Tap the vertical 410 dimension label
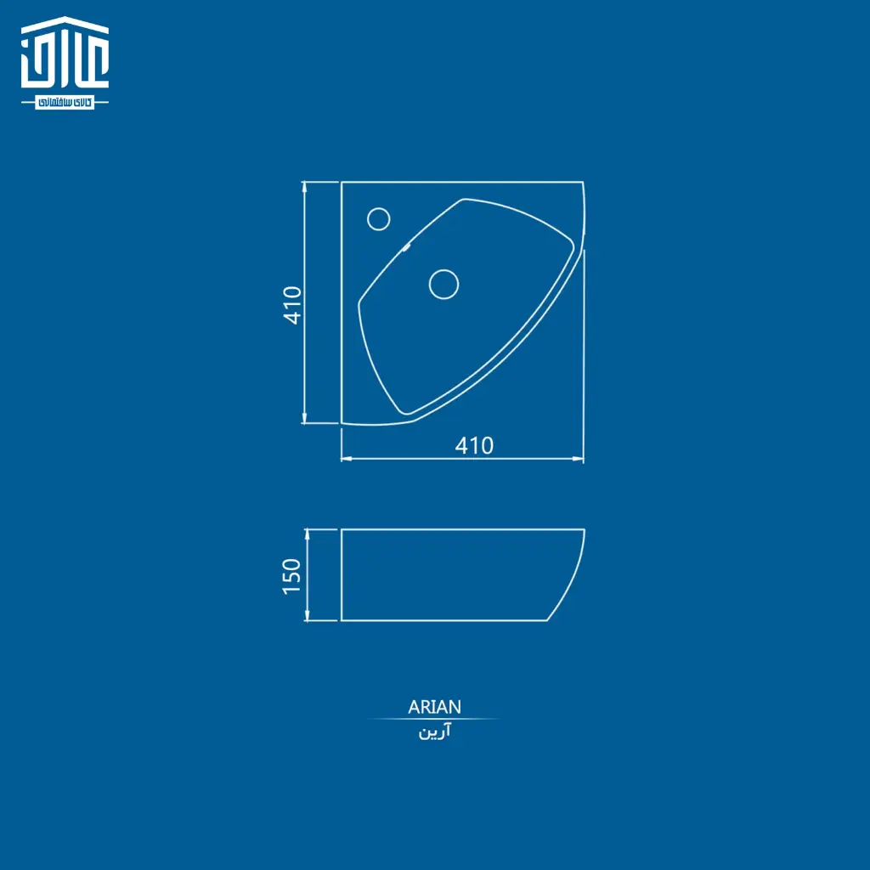(x=292, y=305)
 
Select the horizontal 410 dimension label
(x=474, y=445)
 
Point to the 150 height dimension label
(x=291, y=577)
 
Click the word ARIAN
(x=434, y=707)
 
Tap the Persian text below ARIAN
(x=434, y=732)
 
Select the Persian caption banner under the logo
(x=65, y=103)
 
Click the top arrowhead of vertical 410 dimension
(x=304, y=186)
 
